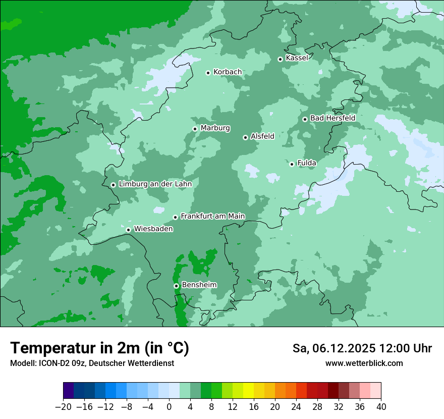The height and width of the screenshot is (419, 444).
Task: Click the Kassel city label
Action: pyautogui.click(x=297, y=58)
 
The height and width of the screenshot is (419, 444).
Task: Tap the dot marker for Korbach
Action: pyautogui.click(x=208, y=73)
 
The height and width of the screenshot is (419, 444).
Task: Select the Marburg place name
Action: pyautogui.click(x=215, y=128)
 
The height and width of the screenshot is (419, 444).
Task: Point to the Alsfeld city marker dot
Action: pyautogui.click(x=245, y=137)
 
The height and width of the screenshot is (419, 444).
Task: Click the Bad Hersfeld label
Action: pyautogui.click(x=332, y=118)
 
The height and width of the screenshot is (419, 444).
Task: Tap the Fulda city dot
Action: pyautogui.click(x=292, y=164)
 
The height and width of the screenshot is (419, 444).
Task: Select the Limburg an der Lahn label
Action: pyautogui.click(x=155, y=184)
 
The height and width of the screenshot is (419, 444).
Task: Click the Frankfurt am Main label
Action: pyautogui.click(x=212, y=216)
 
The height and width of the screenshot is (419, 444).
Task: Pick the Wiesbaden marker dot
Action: pyautogui.click(x=128, y=230)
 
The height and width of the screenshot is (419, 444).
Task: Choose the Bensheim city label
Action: pyautogui.click(x=199, y=285)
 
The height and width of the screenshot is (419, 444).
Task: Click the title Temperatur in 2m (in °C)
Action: pyautogui.click(x=99, y=348)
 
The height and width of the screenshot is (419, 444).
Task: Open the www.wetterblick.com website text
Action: pyautogui.click(x=364, y=363)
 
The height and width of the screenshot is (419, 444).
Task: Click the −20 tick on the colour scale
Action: pyautogui.click(x=63, y=407)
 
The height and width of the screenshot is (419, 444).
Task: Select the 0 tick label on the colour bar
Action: pyautogui.click(x=169, y=407)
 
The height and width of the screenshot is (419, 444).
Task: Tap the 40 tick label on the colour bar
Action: pyautogui.click(x=381, y=407)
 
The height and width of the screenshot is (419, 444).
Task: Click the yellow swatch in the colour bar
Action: pyautogui.click(x=248, y=391)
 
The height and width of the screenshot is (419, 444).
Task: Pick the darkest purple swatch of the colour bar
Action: pyautogui.click(x=68, y=391)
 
